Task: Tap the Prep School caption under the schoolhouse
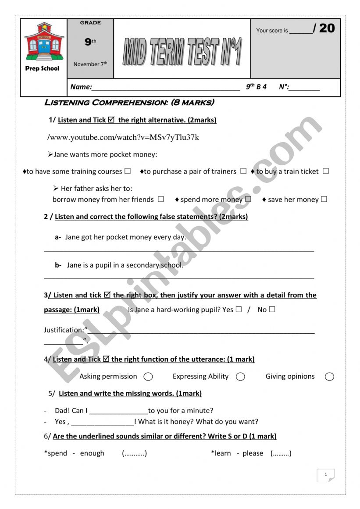[x=43, y=68]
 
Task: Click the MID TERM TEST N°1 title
[x=182, y=51]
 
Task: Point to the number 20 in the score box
[x=327, y=28]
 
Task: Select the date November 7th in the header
[x=90, y=64]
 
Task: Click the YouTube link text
[x=123, y=138]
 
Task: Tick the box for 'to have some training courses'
[x=128, y=171]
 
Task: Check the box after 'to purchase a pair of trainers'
[x=243, y=171]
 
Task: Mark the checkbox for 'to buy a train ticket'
[x=325, y=171]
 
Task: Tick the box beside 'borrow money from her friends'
[x=161, y=199]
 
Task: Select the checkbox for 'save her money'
[x=324, y=199]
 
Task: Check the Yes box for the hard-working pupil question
[x=239, y=309]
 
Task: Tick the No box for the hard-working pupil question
[x=272, y=309]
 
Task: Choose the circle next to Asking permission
[x=148, y=377]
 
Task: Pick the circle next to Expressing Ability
[x=240, y=377]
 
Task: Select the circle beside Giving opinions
[x=330, y=377]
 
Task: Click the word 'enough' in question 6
[x=92, y=453]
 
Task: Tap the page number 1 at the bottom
[x=326, y=474]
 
